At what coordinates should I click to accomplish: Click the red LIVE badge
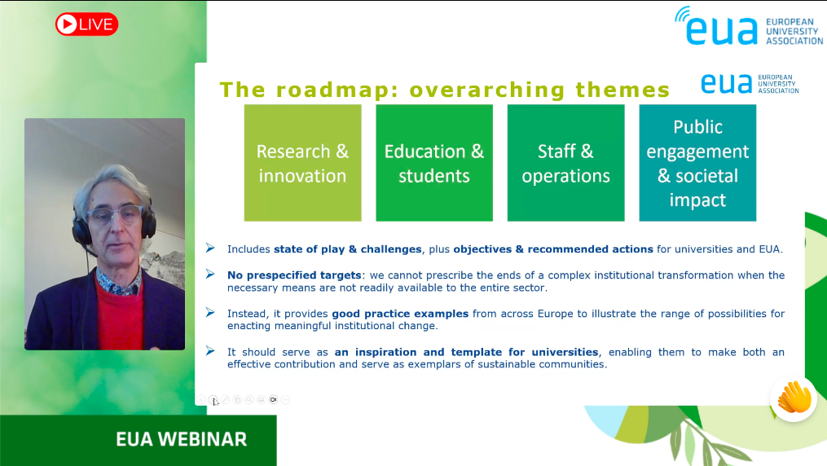[x=87, y=24]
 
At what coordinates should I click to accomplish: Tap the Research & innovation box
[x=303, y=163]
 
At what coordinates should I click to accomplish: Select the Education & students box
[x=434, y=163]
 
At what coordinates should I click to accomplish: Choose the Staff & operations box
[x=566, y=163]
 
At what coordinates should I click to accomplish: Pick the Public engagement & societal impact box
[x=697, y=163]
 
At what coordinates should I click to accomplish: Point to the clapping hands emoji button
[x=794, y=398]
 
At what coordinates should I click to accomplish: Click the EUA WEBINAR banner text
[x=182, y=439]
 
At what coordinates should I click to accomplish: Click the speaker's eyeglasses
[x=114, y=214]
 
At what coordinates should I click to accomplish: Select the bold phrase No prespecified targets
[x=294, y=275]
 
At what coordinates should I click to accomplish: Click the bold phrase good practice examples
[x=400, y=314]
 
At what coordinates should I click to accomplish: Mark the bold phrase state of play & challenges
[x=348, y=249]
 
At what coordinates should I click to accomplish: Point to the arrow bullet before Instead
[x=210, y=313]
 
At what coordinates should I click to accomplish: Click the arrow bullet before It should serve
[x=210, y=351]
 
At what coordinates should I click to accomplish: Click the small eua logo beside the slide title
[x=750, y=84]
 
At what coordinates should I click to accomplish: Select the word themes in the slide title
[x=622, y=90]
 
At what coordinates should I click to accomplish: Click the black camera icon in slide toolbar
[x=273, y=399]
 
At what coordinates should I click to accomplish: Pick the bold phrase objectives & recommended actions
[x=553, y=249]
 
